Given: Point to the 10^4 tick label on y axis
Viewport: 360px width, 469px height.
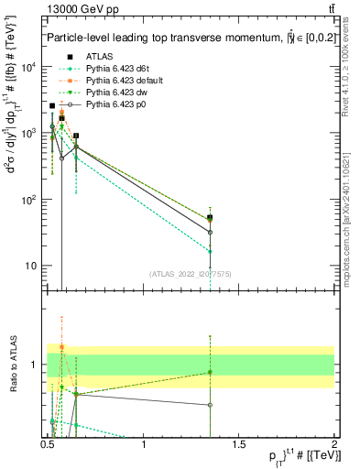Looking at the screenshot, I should tap(29, 67).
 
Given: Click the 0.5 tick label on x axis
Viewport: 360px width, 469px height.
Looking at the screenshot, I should tap(49, 445).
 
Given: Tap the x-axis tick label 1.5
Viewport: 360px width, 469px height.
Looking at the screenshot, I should tap(239, 445).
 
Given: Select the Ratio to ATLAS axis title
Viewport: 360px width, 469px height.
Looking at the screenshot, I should tap(13, 365).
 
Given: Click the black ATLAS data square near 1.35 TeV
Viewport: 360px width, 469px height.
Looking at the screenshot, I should tap(211, 218).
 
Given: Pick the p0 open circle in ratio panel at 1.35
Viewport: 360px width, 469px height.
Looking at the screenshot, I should tap(211, 404).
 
